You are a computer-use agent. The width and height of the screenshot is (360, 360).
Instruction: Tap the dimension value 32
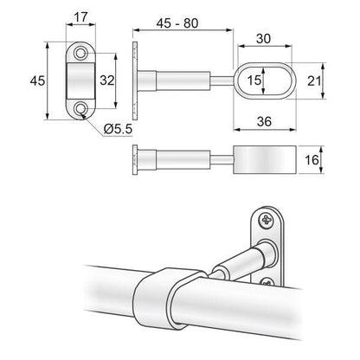click(x=107, y=80)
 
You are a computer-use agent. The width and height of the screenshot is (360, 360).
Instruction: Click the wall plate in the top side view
click(x=134, y=80)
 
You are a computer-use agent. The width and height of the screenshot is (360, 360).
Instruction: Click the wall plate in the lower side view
click(x=134, y=161)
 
